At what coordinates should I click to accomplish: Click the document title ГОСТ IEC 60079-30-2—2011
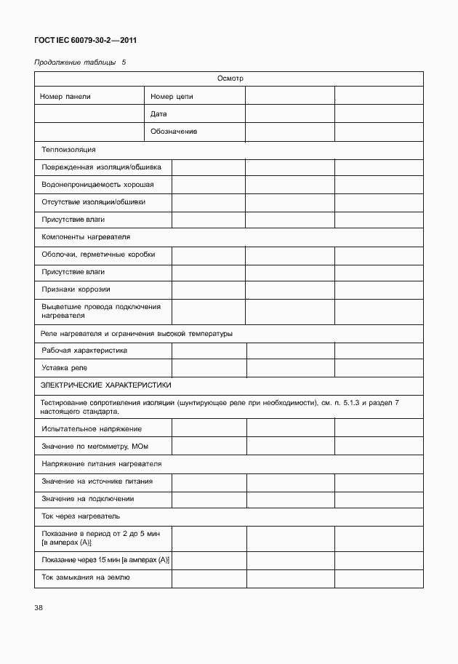pos(85,41)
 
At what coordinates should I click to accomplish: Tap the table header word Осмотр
pos(229,78)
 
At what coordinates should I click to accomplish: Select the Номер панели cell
pos(66,96)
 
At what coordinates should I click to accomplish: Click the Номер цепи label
pos(172,96)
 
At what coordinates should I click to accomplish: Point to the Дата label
pos(158,114)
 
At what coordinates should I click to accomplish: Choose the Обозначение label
pos(174,132)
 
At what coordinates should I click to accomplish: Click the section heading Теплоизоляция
pos(68,150)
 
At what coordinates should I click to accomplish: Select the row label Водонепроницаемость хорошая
pos(97,185)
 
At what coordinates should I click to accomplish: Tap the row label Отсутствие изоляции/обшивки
pos(98,202)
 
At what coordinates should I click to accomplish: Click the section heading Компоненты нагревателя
pos(86,237)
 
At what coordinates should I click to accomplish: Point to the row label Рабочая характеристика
pos(84,351)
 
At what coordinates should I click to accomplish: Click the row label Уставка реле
pos(65,368)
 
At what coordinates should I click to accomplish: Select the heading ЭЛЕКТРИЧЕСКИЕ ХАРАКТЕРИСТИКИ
pos(106,385)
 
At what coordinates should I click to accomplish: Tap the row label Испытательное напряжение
pos(92,429)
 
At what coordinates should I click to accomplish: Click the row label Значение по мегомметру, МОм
pos(95,447)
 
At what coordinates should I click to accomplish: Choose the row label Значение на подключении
pos(88,499)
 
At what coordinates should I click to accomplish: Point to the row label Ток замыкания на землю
pos(86,577)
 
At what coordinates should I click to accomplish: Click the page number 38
pos(39,608)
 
